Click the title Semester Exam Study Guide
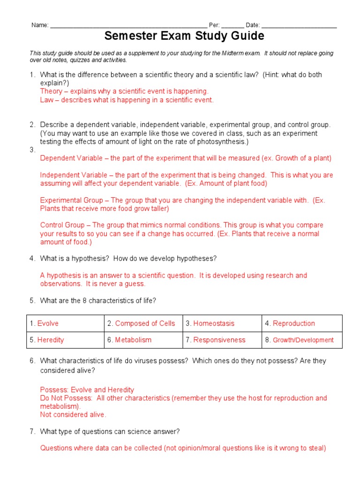(184, 36)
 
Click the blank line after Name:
(128, 26)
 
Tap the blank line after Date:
(299, 26)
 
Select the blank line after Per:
(232, 26)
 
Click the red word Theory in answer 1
(51, 91)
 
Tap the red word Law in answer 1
(46, 100)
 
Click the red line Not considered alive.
(73, 415)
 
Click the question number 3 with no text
(32, 150)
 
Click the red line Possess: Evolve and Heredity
(87, 390)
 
